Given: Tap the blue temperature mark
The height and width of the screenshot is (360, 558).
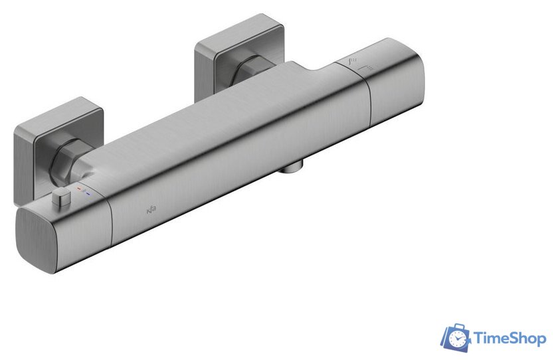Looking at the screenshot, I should tap(88, 194).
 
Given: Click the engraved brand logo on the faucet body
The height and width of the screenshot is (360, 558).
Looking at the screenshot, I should tap(149, 212).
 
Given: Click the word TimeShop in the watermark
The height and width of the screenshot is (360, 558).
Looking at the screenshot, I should tap(510, 339).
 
